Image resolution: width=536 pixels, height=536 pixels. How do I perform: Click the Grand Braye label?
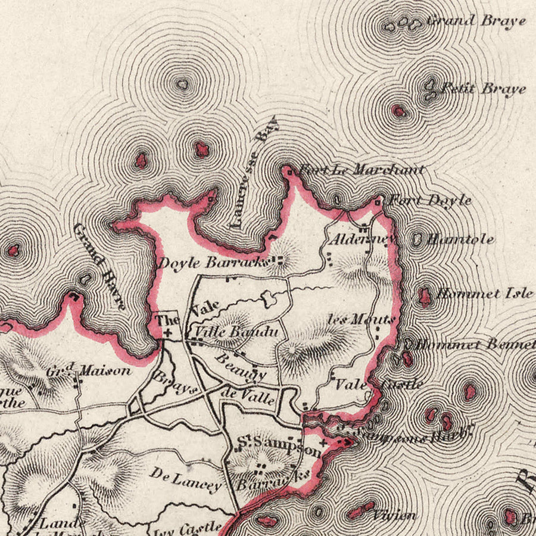click(x=476, y=21)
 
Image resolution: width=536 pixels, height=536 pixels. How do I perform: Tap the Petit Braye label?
click(x=482, y=89)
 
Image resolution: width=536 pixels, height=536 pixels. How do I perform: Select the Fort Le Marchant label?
click(x=361, y=170)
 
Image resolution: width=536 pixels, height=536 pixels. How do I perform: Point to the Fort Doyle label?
click(x=430, y=201)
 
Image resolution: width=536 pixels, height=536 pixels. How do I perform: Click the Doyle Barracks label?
click(x=211, y=263)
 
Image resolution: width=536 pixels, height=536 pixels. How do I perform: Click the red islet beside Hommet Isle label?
click(x=425, y=296)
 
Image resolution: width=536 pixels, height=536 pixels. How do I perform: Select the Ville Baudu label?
click(x=233, y=332)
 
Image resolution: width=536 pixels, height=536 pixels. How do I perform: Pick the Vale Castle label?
click(x=379, y=384)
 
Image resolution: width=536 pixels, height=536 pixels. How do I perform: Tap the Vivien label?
click(x=395, y=515)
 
